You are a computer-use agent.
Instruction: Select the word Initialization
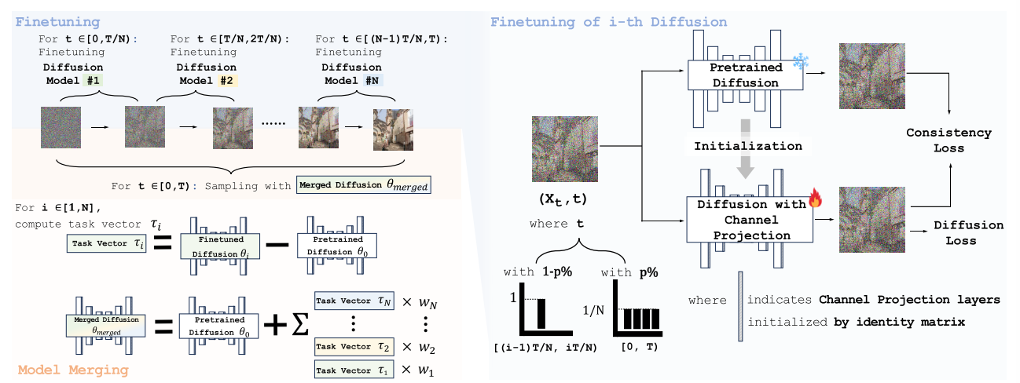point(748,145)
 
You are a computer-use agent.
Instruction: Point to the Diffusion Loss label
point(968,233)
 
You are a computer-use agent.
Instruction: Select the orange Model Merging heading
point(74,369)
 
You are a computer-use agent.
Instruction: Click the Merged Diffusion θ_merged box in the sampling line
point(365,186)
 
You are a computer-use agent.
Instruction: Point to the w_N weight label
point(421,300)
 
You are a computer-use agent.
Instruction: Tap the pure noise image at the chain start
point(61,129)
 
